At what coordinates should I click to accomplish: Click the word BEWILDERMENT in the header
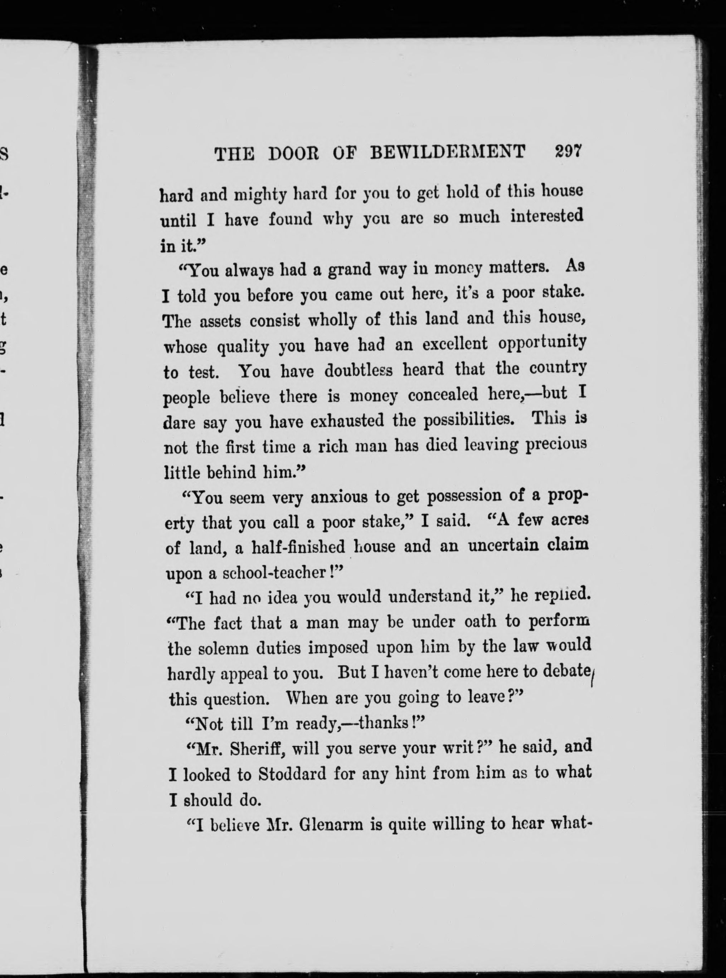pyautogui.click(x=448, y=152)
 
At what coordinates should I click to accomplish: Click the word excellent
pyautogui.click(x=455, y=344)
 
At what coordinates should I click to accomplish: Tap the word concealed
pyautogui.click(x=443, y=395)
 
